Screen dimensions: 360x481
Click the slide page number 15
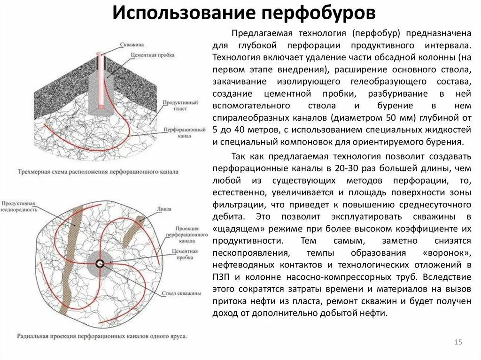[x=458, y=342]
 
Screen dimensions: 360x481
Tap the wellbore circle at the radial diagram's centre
[x=100, y=263]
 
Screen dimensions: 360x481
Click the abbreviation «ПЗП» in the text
[x=221, y=277]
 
